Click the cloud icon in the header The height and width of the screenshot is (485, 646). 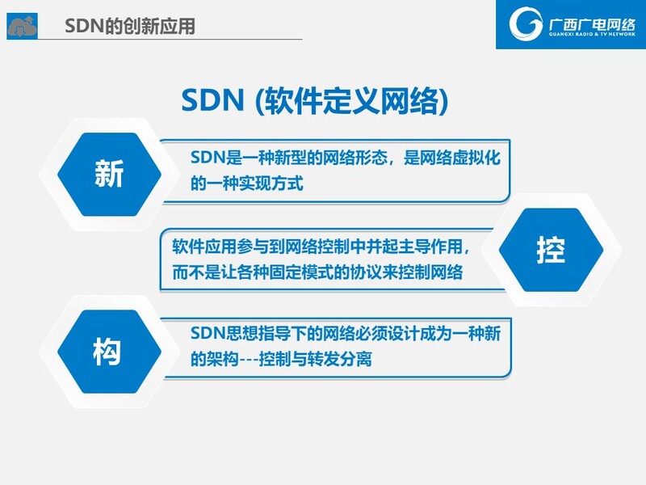pyautogui.click(x=23, y=26)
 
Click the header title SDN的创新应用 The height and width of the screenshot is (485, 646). pyautogui.click(x=130, y=26)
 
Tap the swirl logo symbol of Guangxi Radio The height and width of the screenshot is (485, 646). pyautogui.click(x=526, y=23)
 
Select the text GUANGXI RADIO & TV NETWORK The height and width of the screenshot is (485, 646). pyautogui.click(x=592, y=34)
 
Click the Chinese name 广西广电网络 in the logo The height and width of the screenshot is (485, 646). pyautogui.click(x=592, y=24)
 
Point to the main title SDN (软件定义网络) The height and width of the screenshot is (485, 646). pyautogui.click(x=315, y=100)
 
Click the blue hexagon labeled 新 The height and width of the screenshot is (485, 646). pyautogui.click(x=109, y=175)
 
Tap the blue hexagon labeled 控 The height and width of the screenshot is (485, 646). pyautogui.click(x=551, y=250)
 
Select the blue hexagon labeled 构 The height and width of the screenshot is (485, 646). pyautogui.click(x=109, y=352)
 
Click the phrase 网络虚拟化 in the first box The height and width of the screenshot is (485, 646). pyautogui.click(x=452, y=158)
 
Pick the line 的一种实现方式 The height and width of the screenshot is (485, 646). pyautogui.click(x=247, y=183)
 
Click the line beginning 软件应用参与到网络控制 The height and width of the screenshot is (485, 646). pyautogui.click(x=321, y=247)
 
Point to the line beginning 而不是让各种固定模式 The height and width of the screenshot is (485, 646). pyautogui.click(x=317, y=272)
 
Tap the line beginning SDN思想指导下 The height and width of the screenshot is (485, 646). pyautogui.click(x=346, y=333)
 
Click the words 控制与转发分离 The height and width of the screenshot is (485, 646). pyautogui.click(x=316, y=359)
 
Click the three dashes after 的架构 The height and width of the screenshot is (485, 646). pyautogui.click(x=250, y=360)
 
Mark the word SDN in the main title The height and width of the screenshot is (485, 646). pyautogui.click(x=212, y=100)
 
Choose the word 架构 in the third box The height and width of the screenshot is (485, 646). pyautogui.click(x=223, y=359)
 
